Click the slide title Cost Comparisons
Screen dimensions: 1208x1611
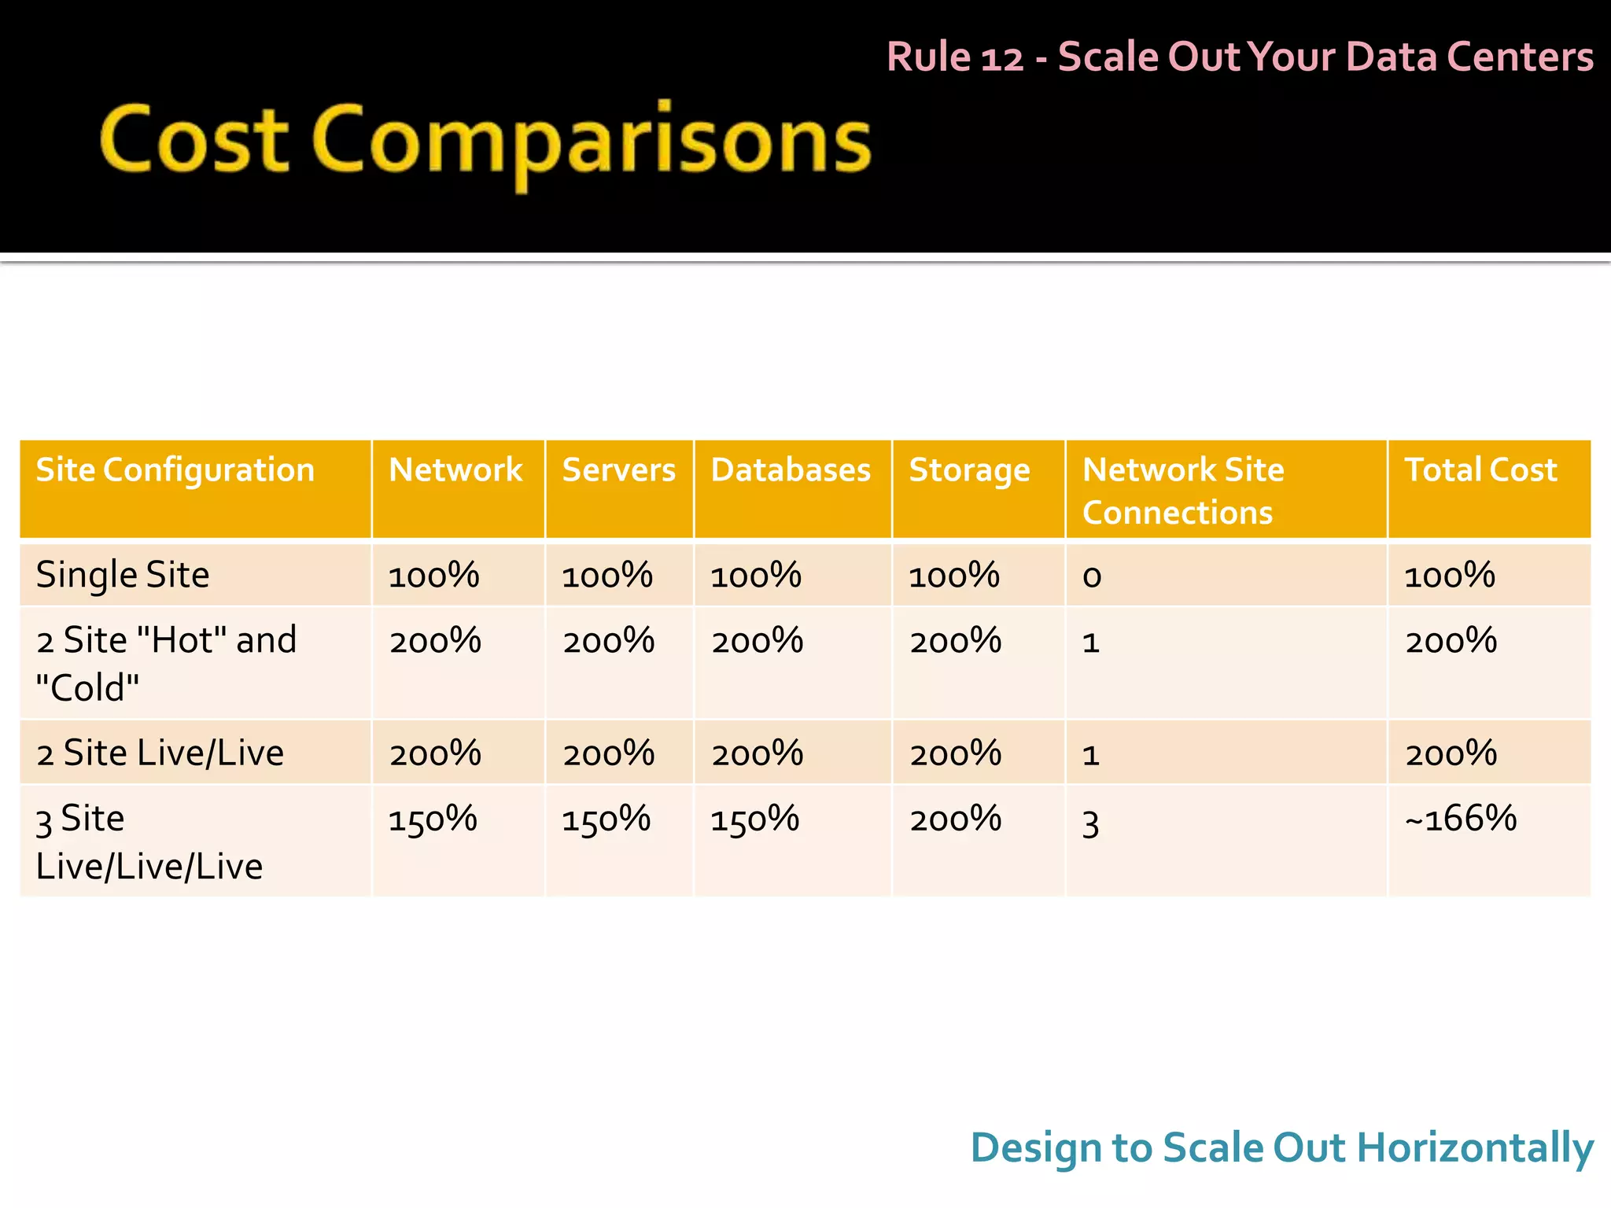point(485,142)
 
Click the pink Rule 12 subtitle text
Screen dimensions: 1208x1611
point(1240,57)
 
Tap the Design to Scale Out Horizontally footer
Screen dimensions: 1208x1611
point(1281,1147)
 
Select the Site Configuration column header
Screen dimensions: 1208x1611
point(175,470)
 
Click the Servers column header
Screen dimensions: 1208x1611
point(618,470)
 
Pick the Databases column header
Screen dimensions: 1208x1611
point(791,470)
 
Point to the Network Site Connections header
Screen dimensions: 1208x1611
point(1182,491)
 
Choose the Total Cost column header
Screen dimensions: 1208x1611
point(1480,470)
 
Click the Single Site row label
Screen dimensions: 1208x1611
point(123,575)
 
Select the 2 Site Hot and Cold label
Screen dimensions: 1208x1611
point(166,663)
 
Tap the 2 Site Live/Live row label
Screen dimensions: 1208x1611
point(160,753)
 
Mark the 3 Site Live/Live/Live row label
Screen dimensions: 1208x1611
point(149,842)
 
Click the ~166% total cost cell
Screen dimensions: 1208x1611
point(1461,819)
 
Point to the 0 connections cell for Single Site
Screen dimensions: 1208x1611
point(1092,577)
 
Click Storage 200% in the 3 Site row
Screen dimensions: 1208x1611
point(955,819)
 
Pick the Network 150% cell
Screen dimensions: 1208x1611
point(433,819)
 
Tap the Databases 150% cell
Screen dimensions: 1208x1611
point(754,819)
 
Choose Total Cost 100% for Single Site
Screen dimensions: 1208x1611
point(1450,576)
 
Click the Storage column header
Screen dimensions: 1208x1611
point(969,470)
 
